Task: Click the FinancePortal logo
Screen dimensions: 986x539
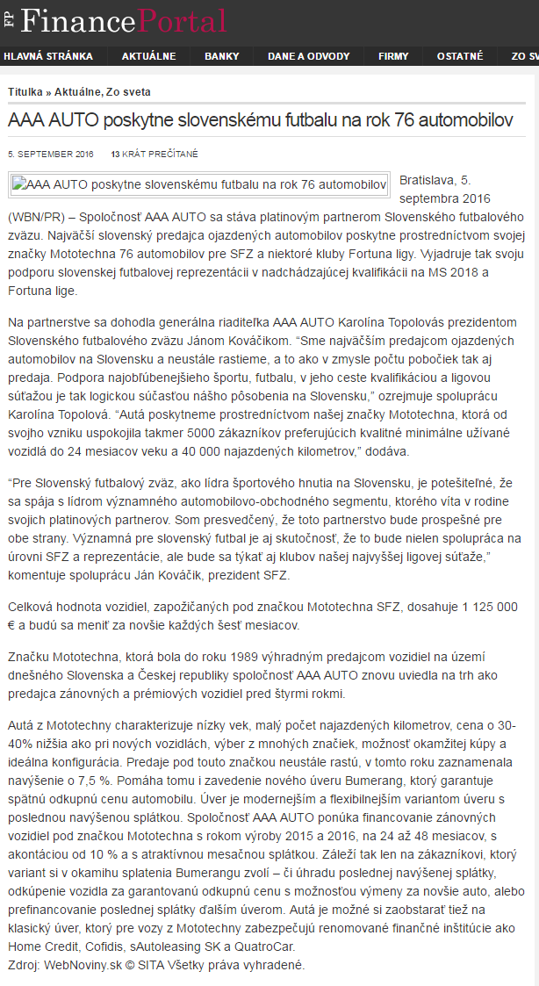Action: pos(119,20)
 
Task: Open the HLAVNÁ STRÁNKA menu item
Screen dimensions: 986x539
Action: pos(48,56)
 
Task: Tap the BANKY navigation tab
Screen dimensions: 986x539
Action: pos(221,56)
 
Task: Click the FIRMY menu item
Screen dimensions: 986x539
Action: pos(393,56)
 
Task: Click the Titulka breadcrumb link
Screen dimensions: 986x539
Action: pos(25,91)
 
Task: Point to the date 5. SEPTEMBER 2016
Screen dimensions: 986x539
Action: pos(50,154)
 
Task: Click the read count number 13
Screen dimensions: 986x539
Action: pos(115,154)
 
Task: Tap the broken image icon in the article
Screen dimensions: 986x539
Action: pos(18,185)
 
